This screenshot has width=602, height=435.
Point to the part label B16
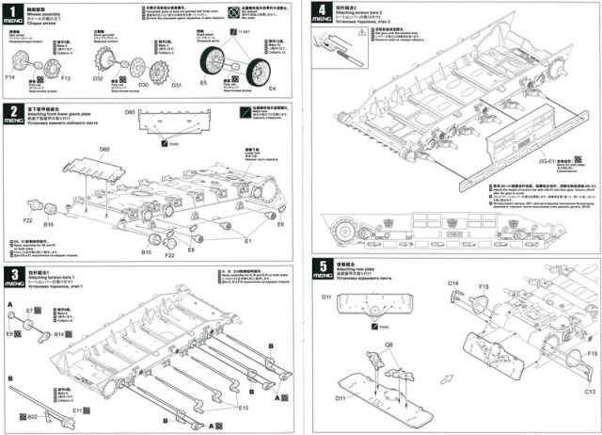[x=49, y=225]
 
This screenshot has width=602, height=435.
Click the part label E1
[x=248, y=241]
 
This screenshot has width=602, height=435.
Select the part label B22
[x=31, y=416]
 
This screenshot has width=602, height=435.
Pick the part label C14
[x=452, y=282]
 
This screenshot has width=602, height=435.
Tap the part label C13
[x=591, y=390]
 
